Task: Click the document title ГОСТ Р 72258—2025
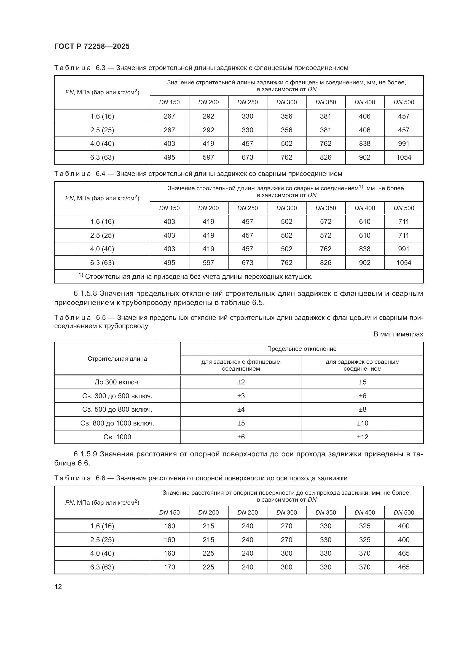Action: (x=92, y=46)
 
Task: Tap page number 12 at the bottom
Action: (x=58, y=587)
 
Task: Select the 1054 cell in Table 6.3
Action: (x=404, y=157)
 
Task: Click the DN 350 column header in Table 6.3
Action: (x=325, y=102)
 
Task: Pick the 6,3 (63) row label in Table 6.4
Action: (x=102, y=263)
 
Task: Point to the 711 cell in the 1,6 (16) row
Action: (x=404, y=222)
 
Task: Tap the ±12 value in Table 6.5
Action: (x=362, y=437)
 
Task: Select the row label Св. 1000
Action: (x=117, y=437)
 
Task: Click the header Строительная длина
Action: (x=117, y=359)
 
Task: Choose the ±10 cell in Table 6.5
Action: (x=362, y=423)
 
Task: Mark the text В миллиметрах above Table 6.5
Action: (x=398, y=334)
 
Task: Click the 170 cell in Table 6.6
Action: (x=169, y=567)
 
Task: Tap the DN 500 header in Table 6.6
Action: (x=404, y=512)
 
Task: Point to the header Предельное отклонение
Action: (x=302, y=349)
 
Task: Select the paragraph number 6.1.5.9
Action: (x=85, y=454)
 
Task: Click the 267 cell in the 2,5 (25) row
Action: (x=169, y=130)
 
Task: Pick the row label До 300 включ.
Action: (x=117, y=382)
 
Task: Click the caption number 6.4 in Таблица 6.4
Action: (x=100, y=174)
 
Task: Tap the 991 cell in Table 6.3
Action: (x=404, y=144)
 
